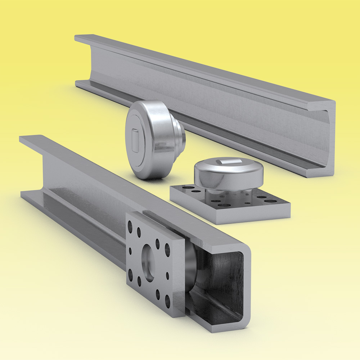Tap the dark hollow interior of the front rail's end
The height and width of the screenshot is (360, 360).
click(x=223, y=284)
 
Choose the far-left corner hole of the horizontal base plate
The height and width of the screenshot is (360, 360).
click(x=186, y=188)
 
